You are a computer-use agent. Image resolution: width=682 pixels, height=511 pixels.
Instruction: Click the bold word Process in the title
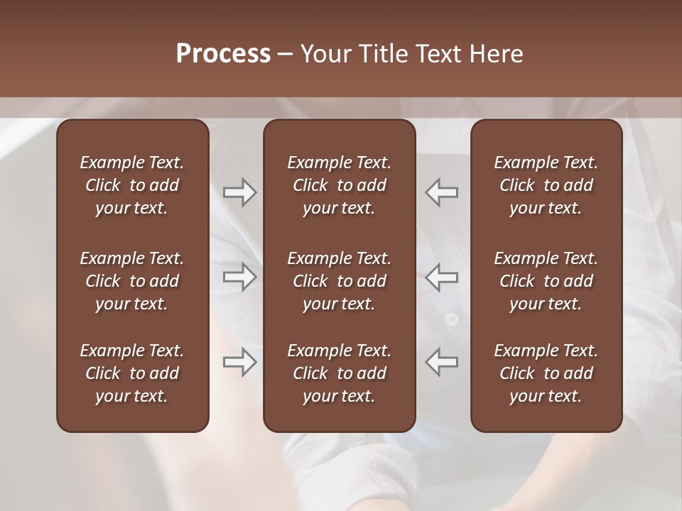(x=223, y=54)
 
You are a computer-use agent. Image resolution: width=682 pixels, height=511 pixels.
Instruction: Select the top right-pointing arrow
(x=239, y=192)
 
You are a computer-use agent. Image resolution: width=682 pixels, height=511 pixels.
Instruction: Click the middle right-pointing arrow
(x=239, y=276)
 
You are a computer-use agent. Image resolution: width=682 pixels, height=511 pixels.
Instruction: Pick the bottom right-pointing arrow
(x=239, y=362)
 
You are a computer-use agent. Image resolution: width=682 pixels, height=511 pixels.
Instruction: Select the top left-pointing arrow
(x=442, y=192)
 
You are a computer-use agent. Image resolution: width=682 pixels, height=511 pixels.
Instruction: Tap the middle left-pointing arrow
(x=442, y=276)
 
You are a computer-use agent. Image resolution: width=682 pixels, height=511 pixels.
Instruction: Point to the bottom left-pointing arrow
(x=442, y=362)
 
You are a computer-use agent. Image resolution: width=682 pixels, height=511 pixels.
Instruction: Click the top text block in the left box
(x=132, y=185)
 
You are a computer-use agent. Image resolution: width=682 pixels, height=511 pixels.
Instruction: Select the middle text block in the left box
(x=132, y=281)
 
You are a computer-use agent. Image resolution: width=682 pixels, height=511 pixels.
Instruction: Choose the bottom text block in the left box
(x=132, y=373)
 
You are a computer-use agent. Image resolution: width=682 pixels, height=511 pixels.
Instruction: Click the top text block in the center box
(x=340, y=185)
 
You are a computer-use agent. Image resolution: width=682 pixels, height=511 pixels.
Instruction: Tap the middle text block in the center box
(x=340, y=281)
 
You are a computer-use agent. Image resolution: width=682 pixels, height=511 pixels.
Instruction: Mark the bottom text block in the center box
(x=340, y=373)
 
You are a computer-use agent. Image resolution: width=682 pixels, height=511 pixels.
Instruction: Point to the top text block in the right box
(x=546, y=185)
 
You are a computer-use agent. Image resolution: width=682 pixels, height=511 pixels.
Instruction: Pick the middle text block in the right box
(x=546, y=281)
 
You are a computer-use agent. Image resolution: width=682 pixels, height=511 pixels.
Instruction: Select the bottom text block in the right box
(x=546, y=373)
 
